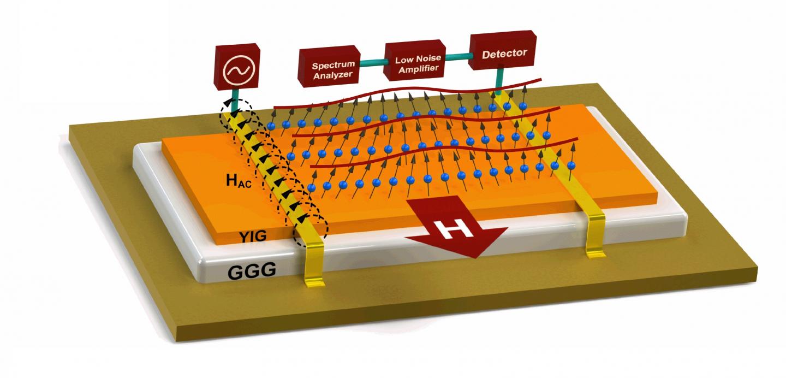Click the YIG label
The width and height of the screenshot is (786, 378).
pyautogui.click(x=253, y=237)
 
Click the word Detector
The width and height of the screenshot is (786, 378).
pyautogui.click(x=505, y=53)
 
